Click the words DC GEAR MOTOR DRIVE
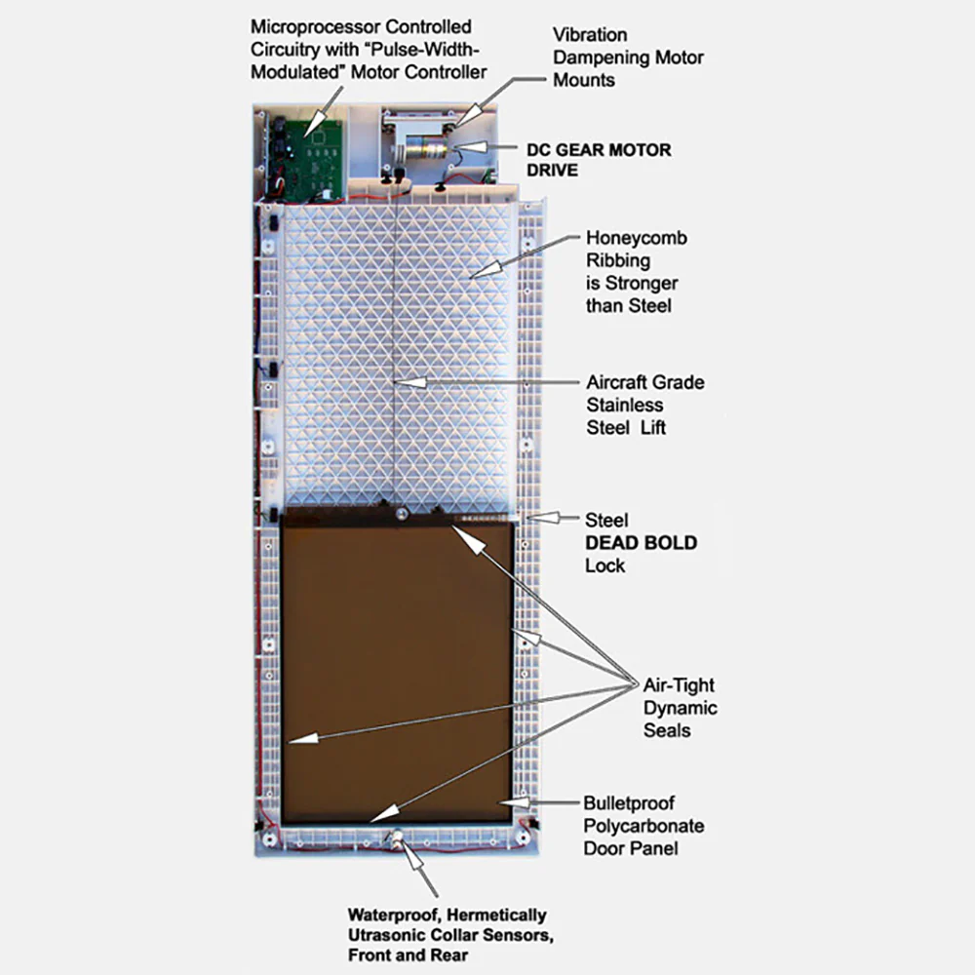coord(599,160)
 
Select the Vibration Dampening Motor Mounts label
coord(628,58)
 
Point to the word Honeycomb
coord(636,238)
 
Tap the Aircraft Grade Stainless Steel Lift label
coord(644,405)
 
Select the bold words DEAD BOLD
coord(642,543)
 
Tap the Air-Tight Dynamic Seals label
coord(680,708)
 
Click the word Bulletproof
coord(629,803)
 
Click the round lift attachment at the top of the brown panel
coord(402,514)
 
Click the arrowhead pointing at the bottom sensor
coord(411,854)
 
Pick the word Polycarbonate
coord(643,827)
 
